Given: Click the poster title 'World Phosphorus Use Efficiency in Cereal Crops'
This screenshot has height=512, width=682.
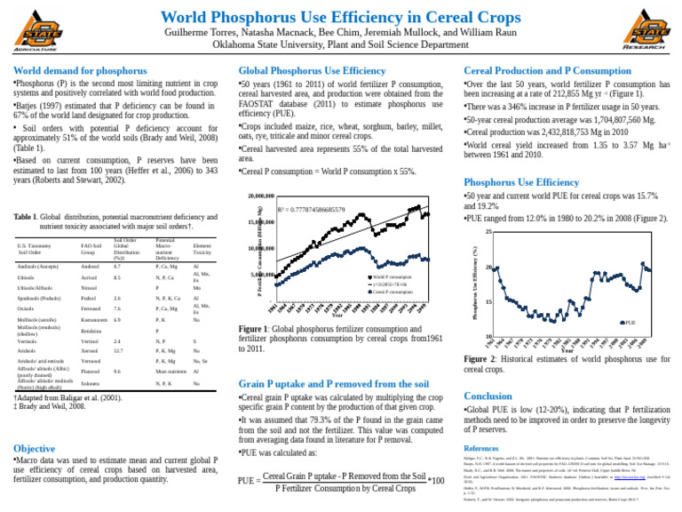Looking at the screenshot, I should point(341,18).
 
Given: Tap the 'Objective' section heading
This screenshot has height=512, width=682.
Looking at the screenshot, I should point(34,449).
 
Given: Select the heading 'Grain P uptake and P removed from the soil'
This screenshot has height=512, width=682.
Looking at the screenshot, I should point(334,383).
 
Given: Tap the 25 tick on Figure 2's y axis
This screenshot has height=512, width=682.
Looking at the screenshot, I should point(488,233).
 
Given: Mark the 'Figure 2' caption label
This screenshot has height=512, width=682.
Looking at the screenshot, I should point(481,358).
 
